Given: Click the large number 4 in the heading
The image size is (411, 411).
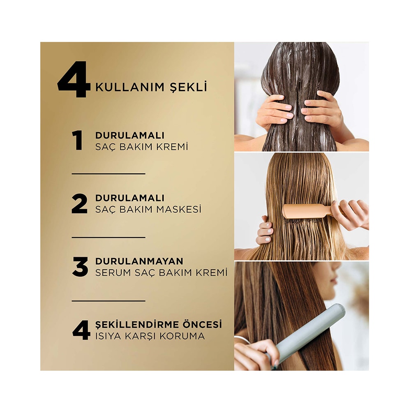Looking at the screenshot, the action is (74, 79).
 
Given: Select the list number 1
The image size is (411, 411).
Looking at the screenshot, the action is (78, 141).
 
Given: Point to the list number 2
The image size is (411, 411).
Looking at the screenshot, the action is (79, 204).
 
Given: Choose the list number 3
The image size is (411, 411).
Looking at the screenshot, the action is (80, 267).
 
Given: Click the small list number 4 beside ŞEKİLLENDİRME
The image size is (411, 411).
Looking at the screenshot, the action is (81, 330).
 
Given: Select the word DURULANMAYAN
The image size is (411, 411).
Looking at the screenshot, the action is (139, 261).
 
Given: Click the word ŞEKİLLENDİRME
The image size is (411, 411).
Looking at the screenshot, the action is (141, 325).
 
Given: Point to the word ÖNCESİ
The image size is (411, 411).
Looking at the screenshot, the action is (206, 324).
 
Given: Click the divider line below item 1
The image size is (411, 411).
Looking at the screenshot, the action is (109, 174).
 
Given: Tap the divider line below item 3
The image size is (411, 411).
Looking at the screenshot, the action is (109, 301).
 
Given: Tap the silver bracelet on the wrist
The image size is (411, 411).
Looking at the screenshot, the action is (242, 339).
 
